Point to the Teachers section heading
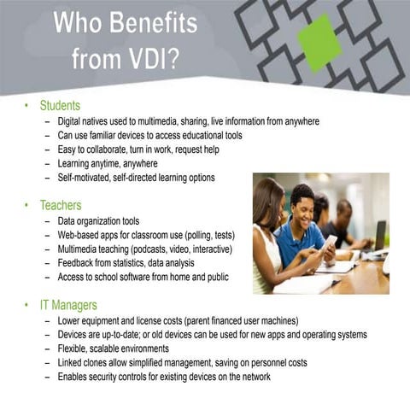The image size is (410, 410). (61, 205)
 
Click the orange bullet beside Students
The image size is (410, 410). (27, 106)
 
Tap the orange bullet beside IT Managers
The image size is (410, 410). (27, 304)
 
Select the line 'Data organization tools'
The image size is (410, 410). (98, 221)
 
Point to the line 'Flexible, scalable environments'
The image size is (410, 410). (114, 348)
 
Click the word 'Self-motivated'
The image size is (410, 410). (84, 178)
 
